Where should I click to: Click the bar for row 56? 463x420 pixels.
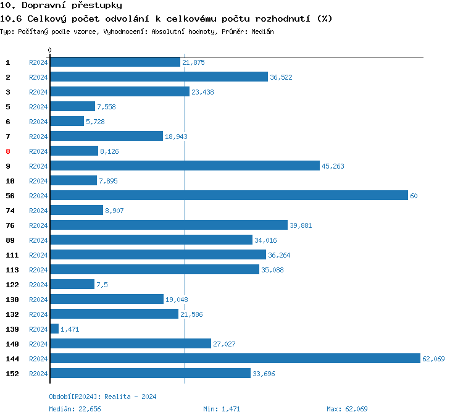point(228,196)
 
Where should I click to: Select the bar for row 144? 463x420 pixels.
point(235,359)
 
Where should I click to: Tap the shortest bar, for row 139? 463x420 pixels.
point(54,329)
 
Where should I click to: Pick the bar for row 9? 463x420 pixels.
point(185,166)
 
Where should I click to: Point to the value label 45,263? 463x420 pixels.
point(333,166)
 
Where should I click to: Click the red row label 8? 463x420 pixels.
point(8,151)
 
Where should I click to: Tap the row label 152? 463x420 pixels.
point(12,374)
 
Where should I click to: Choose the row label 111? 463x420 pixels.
point(12,255)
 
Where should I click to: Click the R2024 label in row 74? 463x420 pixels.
point(38,211)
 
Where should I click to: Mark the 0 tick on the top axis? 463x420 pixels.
point(50,50)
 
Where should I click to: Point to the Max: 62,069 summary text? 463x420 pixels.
point(347,409)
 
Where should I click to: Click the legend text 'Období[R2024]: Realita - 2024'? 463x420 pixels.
point(102,397)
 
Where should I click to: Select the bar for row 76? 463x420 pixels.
point(169,225)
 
